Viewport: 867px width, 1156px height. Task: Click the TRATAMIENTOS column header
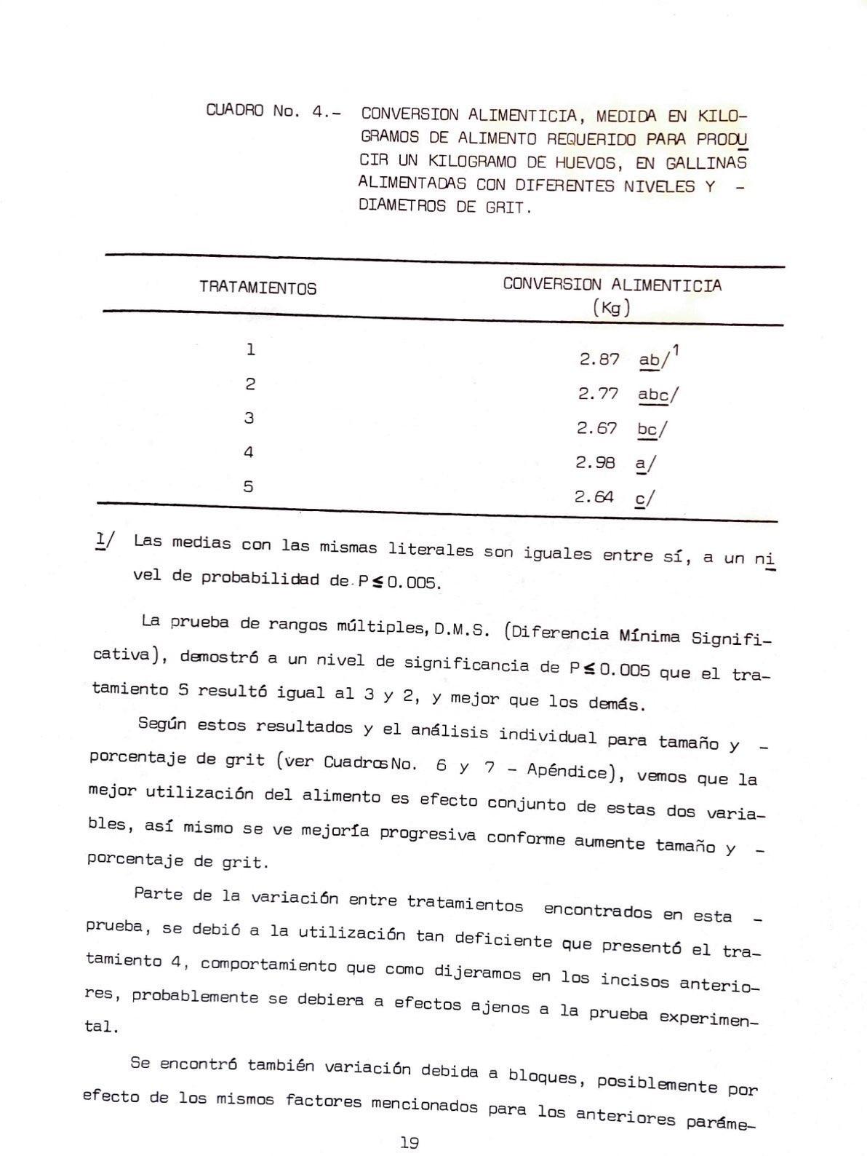[x=257, y=288]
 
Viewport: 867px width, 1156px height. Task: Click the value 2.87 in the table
[x=599, y=359]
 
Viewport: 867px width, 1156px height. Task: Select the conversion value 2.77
[x=598, y=394]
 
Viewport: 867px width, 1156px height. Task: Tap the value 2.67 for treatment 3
[x=596, y=428]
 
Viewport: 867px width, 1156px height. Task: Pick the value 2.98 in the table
[x=595, y=462]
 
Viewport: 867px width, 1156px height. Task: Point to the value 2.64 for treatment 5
[x=594, y=497]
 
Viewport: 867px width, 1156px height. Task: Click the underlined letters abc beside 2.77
[x=653, y=395]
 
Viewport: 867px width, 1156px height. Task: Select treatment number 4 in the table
[x=249, y=452]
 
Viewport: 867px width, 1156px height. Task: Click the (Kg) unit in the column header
[x=611, y=308]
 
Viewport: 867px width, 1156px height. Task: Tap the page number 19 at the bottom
[x=409, y=1142]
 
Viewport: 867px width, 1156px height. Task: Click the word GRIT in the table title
[x=506, y=207]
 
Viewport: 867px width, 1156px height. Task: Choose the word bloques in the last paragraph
[x=542, y=1075]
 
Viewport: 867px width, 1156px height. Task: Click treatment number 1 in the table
[x=250, y=349]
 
